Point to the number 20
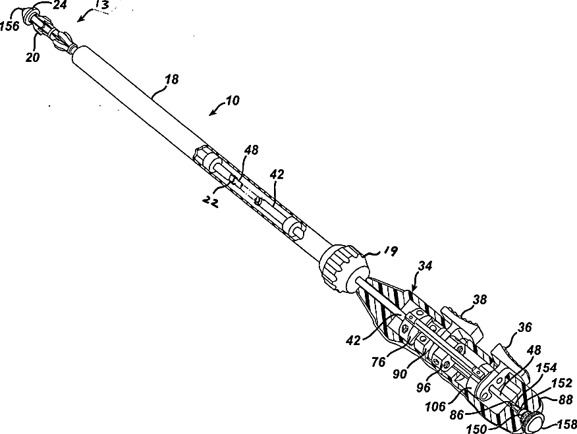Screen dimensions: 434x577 pyautogui.click(x=33, y=57)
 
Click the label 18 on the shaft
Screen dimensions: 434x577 pyautogui.click(x=171, y=79)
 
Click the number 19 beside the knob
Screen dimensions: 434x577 pyautogui.click(x=391, y=250)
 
